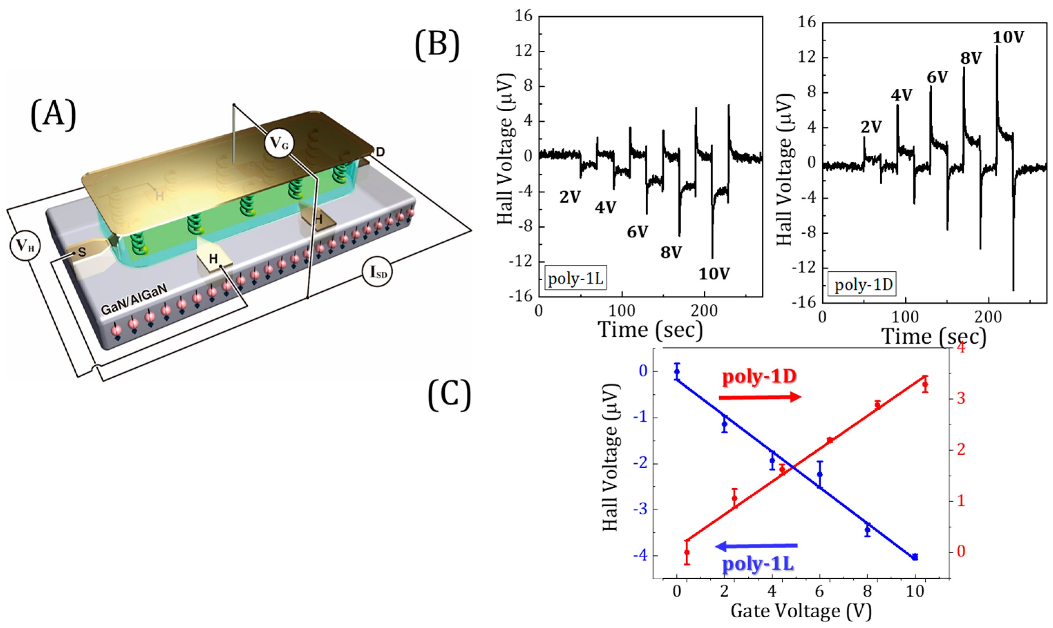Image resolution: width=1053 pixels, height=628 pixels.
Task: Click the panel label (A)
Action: coord(53,115)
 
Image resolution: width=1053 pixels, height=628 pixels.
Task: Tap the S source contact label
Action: coord(82,253)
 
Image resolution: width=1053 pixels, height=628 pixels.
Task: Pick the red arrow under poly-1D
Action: coord(760,397)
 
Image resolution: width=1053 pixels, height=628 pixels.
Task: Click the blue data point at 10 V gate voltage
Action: coord(915,557)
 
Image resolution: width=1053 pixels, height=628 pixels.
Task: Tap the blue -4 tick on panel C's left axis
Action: coord(640,555)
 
